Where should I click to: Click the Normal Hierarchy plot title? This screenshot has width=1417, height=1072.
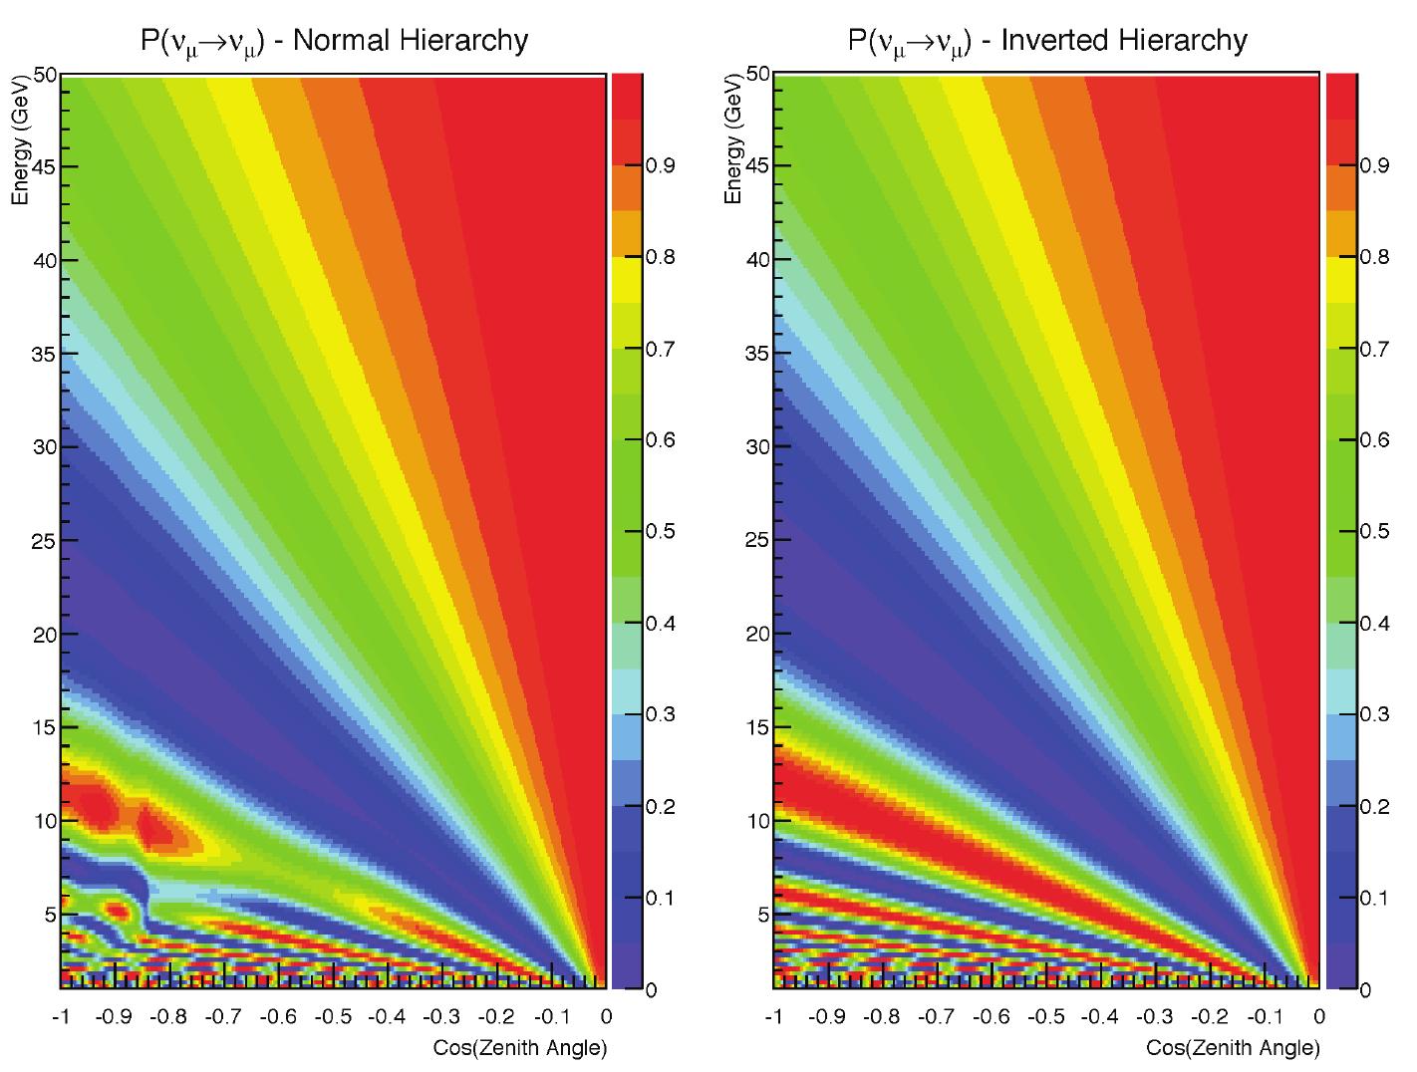coord(334,41)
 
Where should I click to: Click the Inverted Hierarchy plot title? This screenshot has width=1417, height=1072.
coord(1047,41)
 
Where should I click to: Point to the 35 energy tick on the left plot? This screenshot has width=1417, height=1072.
coord(45,354)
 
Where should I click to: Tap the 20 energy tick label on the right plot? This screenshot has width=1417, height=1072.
coord(758,634)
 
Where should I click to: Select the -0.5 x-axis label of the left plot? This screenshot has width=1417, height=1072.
coord(333,1016)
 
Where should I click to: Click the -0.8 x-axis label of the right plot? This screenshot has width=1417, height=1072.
coord(881,1016)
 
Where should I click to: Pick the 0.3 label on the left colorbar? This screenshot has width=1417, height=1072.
coord(661,714)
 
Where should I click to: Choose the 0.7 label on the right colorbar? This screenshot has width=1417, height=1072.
coord(1374,349)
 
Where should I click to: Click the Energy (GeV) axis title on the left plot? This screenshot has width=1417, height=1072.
coord(21,140)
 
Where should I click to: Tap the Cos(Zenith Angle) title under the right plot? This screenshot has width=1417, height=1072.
coord(1233,1047)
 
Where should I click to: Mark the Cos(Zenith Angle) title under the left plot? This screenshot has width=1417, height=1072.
coord(520,1047)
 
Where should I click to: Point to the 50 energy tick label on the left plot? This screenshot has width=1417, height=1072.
coord(45,75)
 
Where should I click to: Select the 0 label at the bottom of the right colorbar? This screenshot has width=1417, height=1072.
coord(1365,990)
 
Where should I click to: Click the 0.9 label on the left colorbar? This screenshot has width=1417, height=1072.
coord(661,165)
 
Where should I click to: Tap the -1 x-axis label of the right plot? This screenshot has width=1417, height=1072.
coord(773,1016)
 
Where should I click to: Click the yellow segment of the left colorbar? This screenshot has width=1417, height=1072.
coord(627,280)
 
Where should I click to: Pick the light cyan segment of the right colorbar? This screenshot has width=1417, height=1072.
coord(1341,691)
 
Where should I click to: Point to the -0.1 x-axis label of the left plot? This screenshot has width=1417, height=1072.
coord(553,1016)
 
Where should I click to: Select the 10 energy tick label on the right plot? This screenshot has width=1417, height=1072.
coord(758,821)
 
